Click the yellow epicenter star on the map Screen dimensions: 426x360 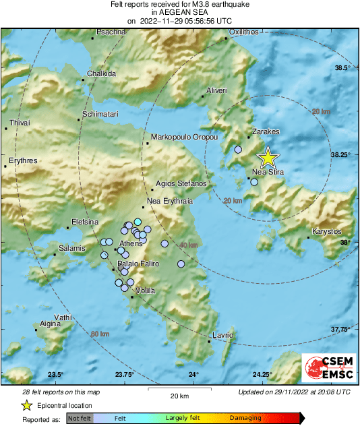coord(268,158)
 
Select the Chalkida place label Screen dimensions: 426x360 coord(102,73)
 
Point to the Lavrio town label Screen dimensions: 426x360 coord(222,335)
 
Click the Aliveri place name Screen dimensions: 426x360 coord(217,90)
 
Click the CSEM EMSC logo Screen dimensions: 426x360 coord(326,368)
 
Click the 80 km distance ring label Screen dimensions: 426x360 coord(100,334)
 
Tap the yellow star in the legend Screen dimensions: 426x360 coord(26,405)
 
